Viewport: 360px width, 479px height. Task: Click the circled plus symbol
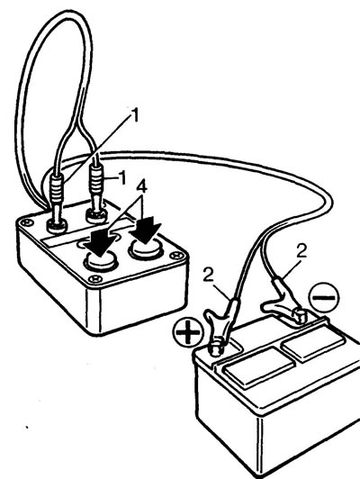[x=188, y=332]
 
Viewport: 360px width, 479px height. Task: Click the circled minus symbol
[x=324, y=297]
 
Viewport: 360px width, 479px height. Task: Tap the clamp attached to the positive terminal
[x=220, y=325]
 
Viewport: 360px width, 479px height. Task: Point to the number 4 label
[x=140, y=186]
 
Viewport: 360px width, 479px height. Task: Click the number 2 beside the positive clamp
[x=209, y=276]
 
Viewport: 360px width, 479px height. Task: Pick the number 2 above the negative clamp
[x=301, y=251]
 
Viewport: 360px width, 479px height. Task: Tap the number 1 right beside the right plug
[x=122, y=177]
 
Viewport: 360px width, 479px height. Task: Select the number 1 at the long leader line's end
[x=134, y=115]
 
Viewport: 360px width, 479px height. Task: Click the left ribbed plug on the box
[x=57, y=202]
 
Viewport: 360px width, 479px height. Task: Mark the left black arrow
[x=100, y=242]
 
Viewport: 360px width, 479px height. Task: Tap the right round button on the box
[x=145, y=249]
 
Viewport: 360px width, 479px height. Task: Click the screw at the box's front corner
[x=95, y=278]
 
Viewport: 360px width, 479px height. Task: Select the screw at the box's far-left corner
[x=27, y=222]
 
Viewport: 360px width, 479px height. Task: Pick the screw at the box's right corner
[x=176, y=255]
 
